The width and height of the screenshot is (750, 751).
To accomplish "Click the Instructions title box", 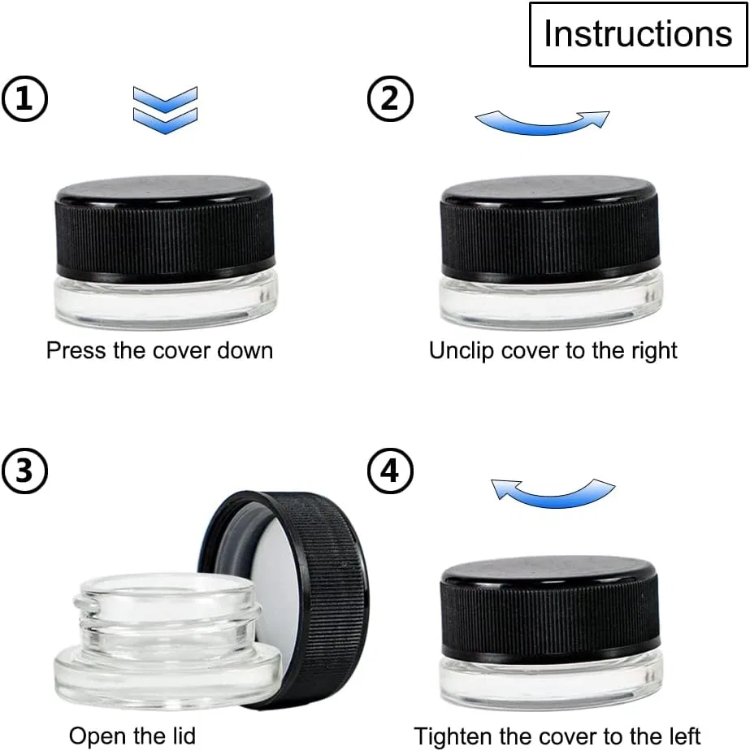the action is click(x=638, y=34).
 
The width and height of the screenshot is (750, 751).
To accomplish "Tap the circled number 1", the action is click(x=25, y=98).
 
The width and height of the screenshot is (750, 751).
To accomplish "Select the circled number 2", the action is click(x=390, y=98).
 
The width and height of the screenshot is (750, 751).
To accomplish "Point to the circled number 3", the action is click(x=25, y=471).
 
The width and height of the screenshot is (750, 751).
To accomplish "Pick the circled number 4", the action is click(x=390, y=471).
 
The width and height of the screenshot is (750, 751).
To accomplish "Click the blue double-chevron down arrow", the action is click(x=165, y=111).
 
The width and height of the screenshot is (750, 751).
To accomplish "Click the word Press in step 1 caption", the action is click(x=76, y=350).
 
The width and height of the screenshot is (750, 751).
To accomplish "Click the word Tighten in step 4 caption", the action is click(x=453, y=736).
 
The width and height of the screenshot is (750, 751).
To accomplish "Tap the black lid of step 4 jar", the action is click(x=550, y=610).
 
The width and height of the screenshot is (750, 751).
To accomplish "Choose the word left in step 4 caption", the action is click(x=683, y=736).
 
